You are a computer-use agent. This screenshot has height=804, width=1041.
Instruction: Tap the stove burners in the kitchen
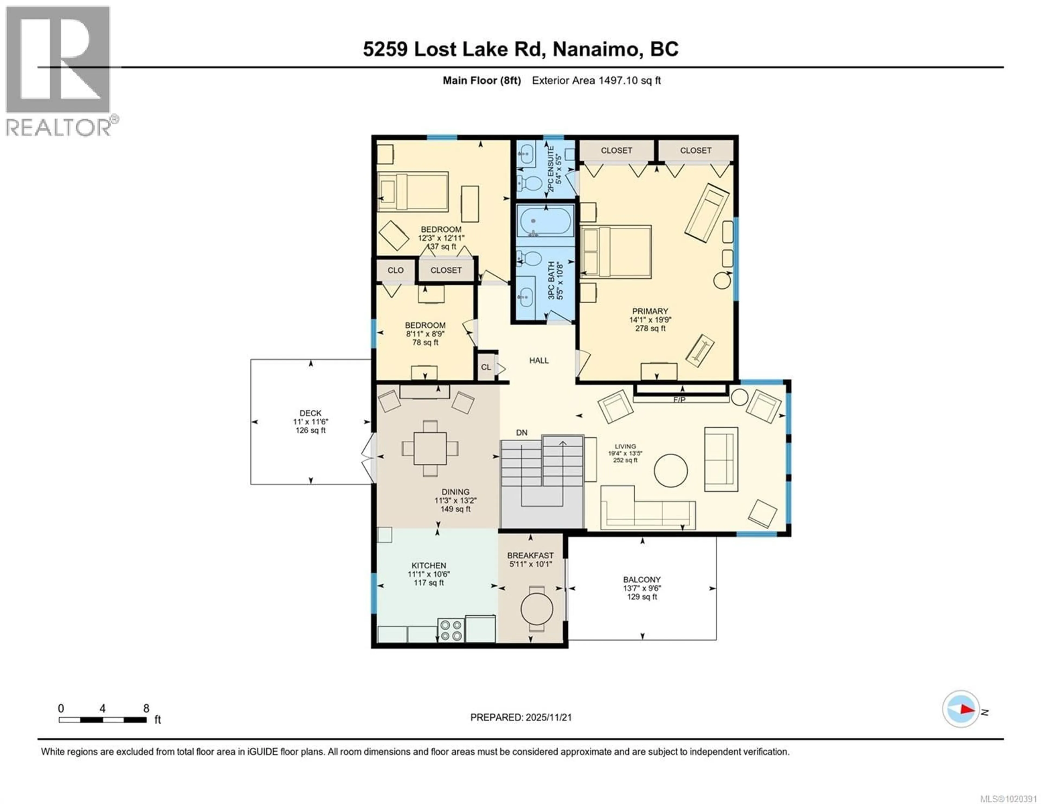[x=451, y=630]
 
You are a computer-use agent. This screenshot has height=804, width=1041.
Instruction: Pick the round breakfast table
[x=537, y=609]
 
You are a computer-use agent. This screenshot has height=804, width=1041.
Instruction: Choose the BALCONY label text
[x=642, y=580]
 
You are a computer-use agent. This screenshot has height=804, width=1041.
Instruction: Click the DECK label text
[x=310, y=413]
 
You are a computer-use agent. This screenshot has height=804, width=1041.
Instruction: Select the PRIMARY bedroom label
[x=650, y=311]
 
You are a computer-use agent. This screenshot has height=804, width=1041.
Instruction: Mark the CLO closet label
[x=395, y=270]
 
